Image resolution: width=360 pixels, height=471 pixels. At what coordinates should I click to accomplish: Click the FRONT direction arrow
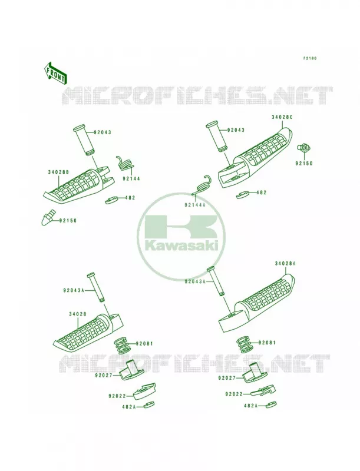[x=55, y=73]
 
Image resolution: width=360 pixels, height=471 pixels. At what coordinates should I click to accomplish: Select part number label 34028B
[x=58, y=172]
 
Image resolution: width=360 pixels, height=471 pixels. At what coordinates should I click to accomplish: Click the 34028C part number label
[x=282, y=117]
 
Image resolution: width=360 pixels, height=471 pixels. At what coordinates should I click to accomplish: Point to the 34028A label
[x=285, y=263]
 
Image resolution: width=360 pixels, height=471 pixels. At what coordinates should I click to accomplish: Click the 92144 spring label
[x=131, y=179]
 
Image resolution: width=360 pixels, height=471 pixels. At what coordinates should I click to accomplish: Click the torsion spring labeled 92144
[x=125, y=164]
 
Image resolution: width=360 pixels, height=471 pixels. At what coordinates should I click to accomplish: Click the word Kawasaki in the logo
[x=181, y=246]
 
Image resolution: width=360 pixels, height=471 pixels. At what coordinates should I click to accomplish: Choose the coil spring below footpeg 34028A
[x=245, y=344]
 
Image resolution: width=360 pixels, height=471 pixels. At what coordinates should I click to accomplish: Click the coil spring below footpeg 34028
[x=123, y=346]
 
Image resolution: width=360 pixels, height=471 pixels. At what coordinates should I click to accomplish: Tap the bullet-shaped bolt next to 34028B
[x=48, y=217]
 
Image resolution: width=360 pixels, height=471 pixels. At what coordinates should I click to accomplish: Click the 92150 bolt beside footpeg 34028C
[x=303, y=148]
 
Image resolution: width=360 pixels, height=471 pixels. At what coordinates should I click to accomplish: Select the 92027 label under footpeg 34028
[x=104, y=375]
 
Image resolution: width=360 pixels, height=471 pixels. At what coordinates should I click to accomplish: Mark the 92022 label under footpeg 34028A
[x=234, y=393]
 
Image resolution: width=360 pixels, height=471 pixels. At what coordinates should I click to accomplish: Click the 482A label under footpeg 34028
[x=128, y=407]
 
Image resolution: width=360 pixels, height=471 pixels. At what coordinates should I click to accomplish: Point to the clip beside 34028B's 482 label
[x=111, y=200]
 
